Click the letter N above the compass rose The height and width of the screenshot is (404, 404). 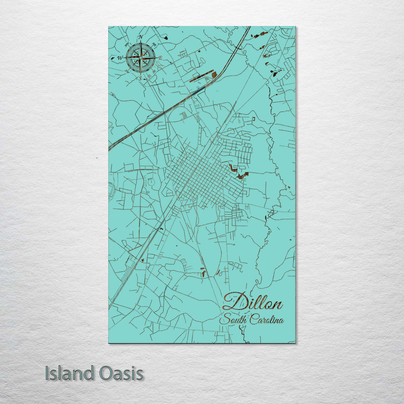click(141, 37)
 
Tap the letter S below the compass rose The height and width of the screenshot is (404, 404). click(140, 79)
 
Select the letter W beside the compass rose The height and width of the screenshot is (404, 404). click(120, 58)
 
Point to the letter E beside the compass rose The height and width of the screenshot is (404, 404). click(160, 58)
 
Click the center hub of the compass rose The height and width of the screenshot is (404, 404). click(140, 58)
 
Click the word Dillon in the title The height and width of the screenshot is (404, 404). click(252, 302)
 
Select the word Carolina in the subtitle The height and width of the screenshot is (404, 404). click(267, 320)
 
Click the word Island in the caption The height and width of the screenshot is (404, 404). click(70, 373)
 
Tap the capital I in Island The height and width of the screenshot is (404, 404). click(48, 373)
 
